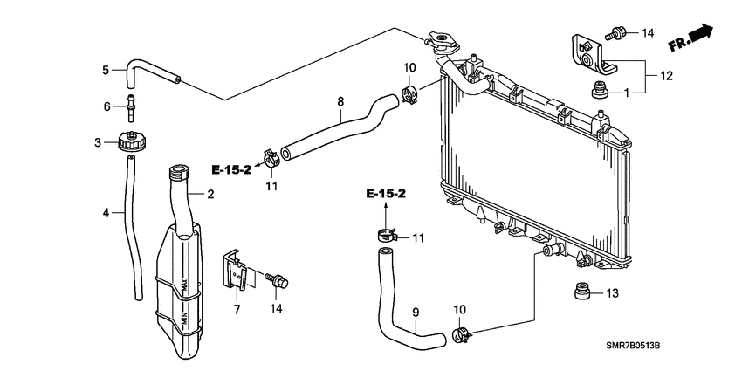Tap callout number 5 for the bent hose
click(x=106, y=70)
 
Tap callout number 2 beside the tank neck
click(x=210, y=194)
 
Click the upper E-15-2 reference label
click(x=231, y=169)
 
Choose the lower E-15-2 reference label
click(x=385, y=193)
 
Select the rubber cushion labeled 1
click(x=599, y=90)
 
